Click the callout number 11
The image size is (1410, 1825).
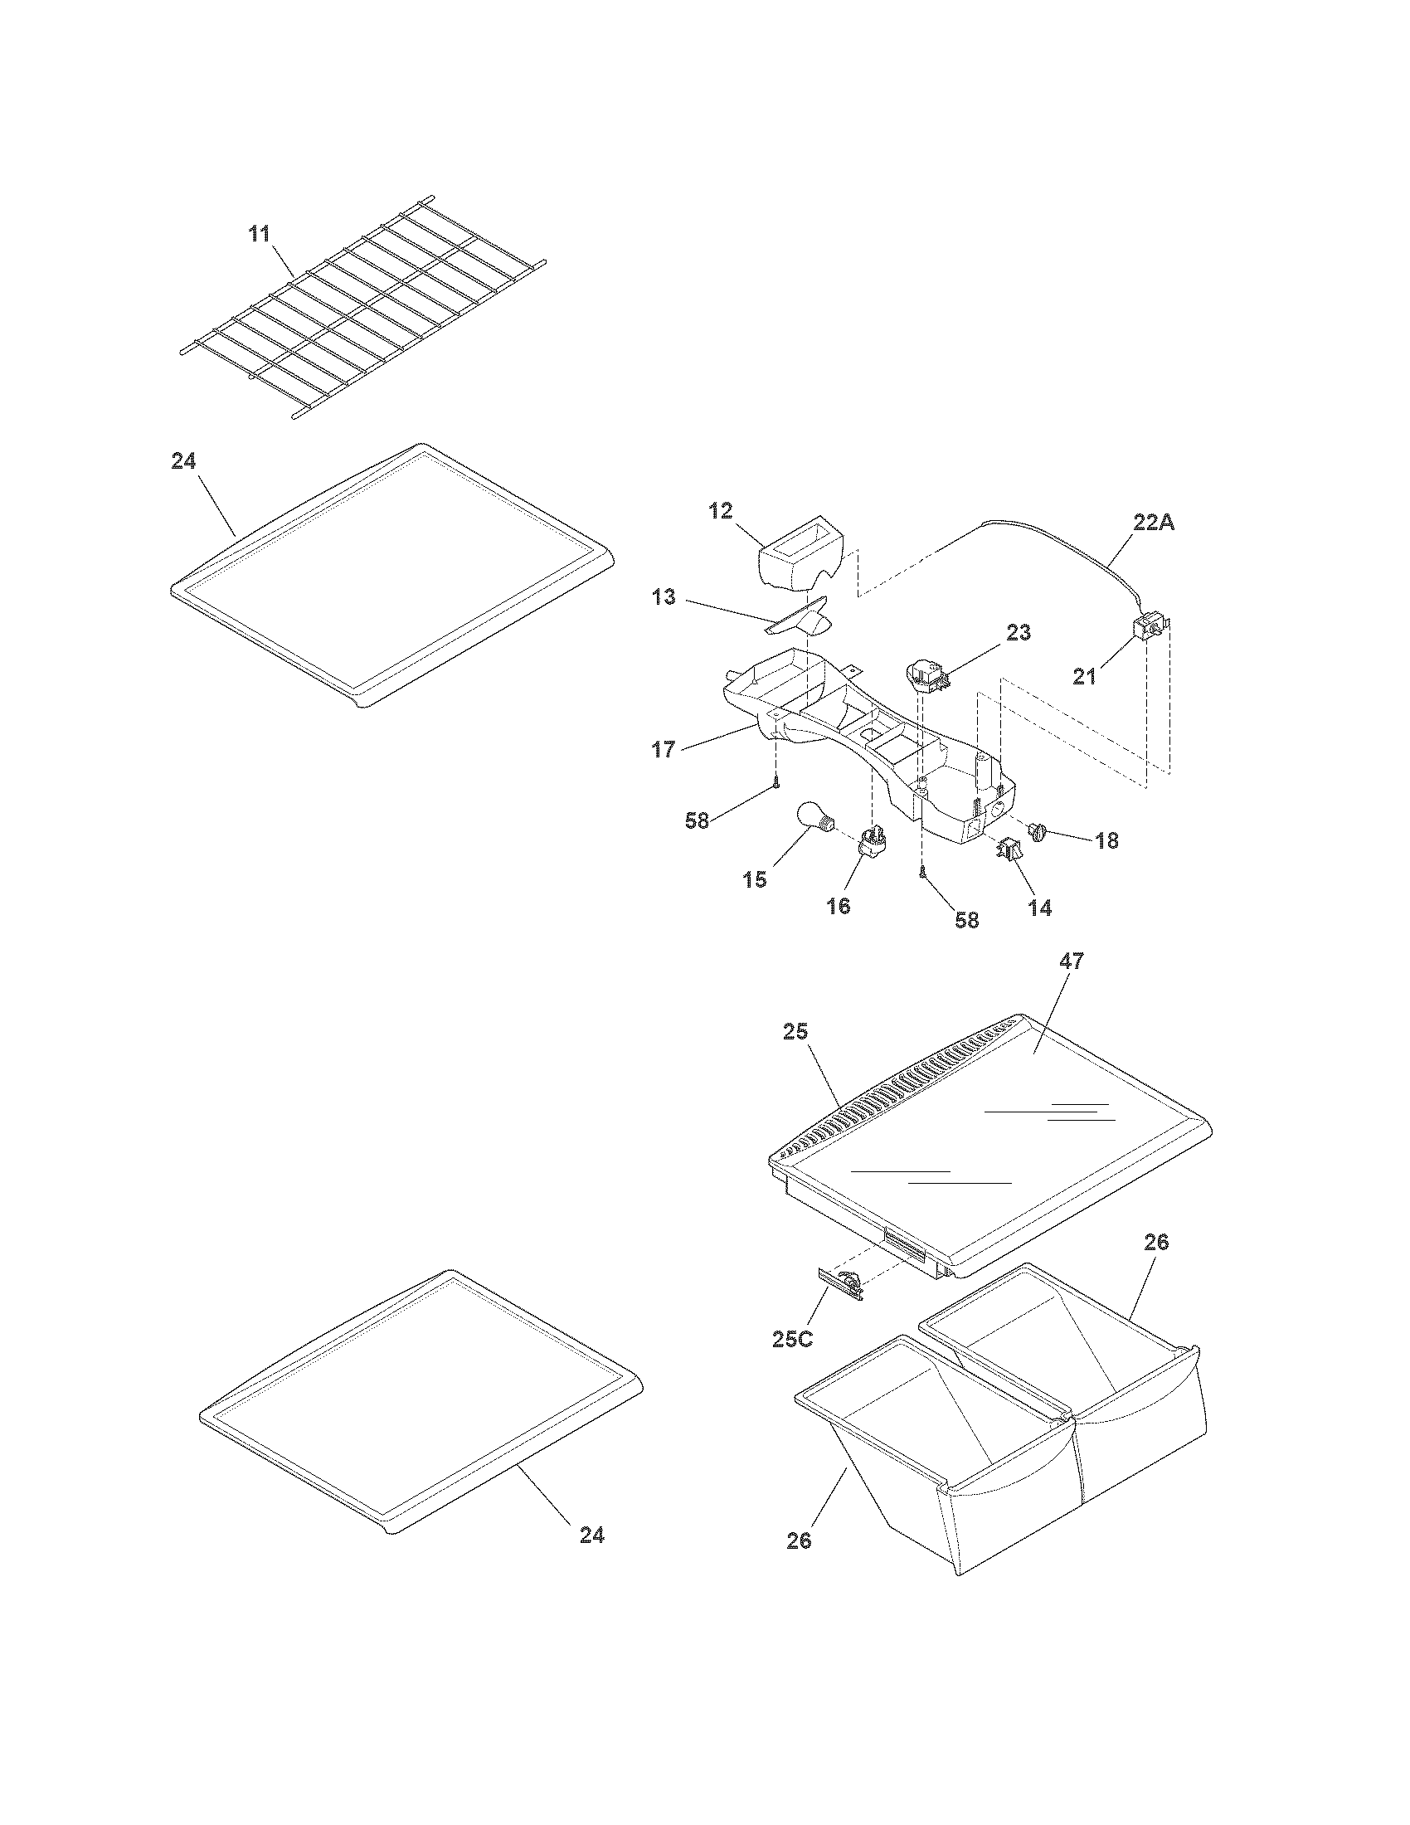click(x=260, y=233)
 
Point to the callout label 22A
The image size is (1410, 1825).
click(x=1154, y=523)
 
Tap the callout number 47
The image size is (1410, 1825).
click(x=1071, y=961)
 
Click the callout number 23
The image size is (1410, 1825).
click(x=1018, y=633)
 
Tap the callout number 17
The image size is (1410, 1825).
click(x=664, y=750)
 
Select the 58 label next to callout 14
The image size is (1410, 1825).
click(x=967, y=921)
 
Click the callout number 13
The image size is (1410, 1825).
click(x=664, y=598)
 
